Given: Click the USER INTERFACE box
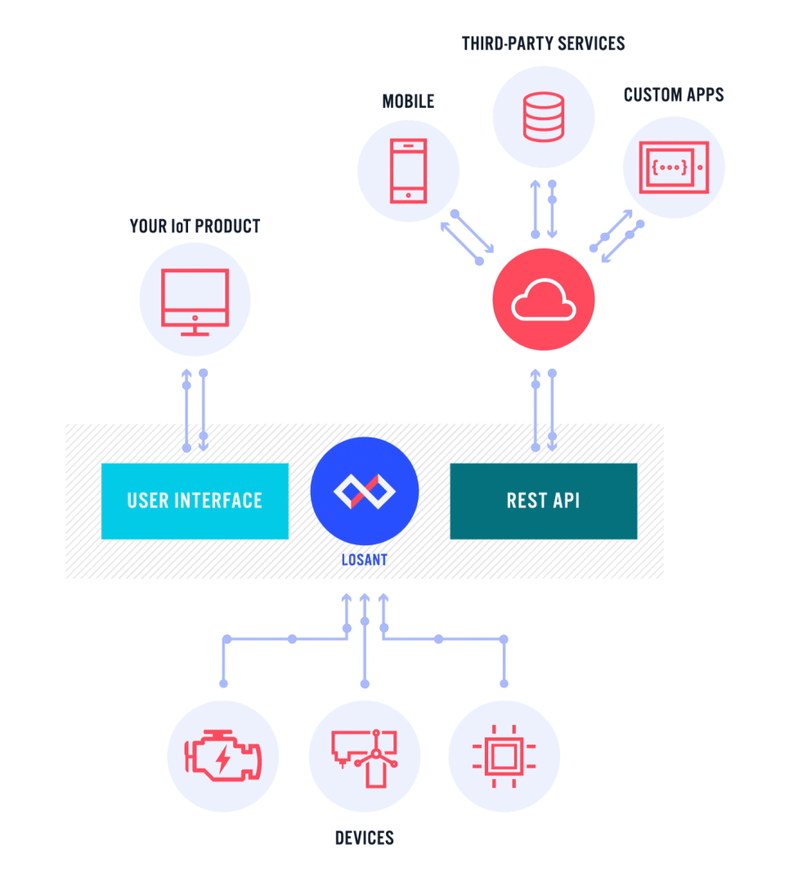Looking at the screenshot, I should tap(195, 500).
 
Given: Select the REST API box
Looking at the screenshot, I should tap(543, 500).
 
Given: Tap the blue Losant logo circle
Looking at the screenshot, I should tap(365, 491).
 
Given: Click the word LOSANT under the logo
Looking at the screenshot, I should tap(365, 561).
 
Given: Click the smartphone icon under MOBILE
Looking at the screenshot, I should tap(408, 170).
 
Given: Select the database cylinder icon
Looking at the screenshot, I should tap(544, 115).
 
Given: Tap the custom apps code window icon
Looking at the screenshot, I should tap(675, 167).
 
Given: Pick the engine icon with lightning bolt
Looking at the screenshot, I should tap(222, 755).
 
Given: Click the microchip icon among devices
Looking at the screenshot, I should tap(504, 755).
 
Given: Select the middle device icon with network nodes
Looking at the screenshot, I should tap(364, 755).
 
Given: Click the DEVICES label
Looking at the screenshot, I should tap(364, 838).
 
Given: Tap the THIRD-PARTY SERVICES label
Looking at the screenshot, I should tap(543, 43).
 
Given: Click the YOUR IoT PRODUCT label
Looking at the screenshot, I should tap(195, 226).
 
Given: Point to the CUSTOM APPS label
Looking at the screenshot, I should tap(674, 95).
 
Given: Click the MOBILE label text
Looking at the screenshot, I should tap(408, 101).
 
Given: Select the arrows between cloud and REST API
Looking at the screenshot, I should tap(544, 410).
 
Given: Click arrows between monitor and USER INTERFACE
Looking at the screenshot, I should tap(195, 410).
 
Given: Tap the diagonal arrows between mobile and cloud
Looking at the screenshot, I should tap(467, 237).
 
